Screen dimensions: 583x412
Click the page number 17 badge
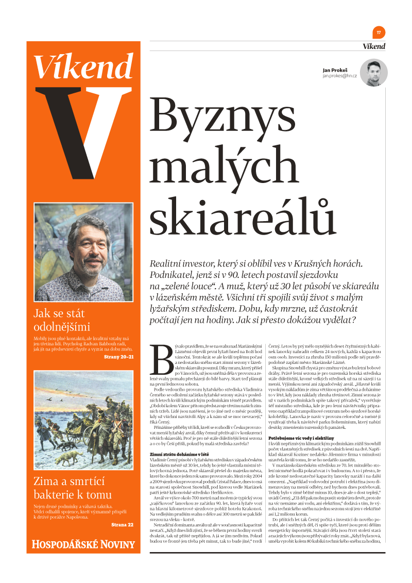coord(379,32)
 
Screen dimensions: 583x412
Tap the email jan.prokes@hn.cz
coord(339,76)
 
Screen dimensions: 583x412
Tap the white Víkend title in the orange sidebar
coord(83,65)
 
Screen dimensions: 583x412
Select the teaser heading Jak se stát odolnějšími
coord(62,320)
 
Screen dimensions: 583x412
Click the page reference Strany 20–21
coord(118,356)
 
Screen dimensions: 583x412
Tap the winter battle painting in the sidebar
coord(83,420)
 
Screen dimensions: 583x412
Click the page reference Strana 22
coord(122,525)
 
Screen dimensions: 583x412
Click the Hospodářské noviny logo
coord(83,544)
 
